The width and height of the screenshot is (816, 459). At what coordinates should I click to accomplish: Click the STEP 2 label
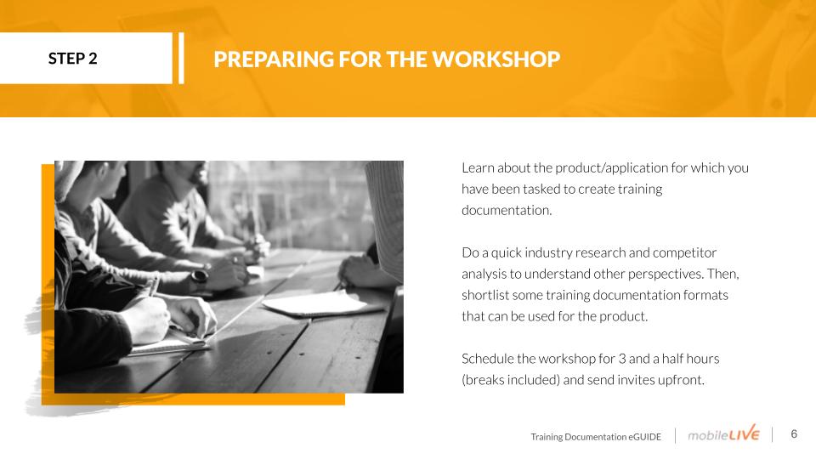[73, 59]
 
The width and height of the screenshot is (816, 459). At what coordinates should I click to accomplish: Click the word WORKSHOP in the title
[496, 59]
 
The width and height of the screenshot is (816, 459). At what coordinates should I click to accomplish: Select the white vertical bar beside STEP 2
[181, 59]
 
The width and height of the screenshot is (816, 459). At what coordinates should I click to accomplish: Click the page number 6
[794, 434]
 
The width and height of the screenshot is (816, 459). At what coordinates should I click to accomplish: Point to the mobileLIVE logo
[723, 433]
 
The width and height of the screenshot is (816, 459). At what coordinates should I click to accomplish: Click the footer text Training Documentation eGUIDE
[596, 437]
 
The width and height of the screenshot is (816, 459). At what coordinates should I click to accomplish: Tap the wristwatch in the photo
[199, 275]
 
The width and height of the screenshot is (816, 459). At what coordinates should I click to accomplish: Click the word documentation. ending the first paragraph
[507, 210]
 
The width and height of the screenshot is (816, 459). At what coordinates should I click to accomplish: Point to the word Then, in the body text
[722, 275]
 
